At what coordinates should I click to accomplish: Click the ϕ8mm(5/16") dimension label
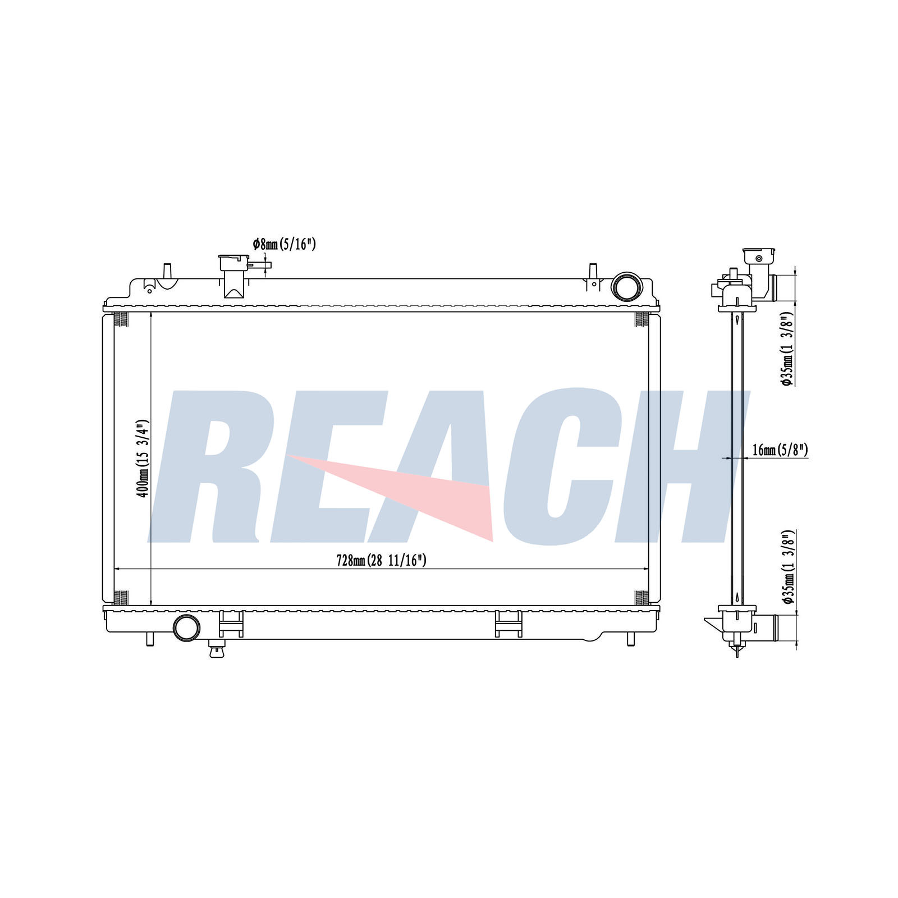[285, 244]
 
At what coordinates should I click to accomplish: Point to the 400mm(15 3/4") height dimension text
[143, 458]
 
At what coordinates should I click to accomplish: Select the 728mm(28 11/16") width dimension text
[382, 560]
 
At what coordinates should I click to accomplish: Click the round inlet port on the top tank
[625, 286]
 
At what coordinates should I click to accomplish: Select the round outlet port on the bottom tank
[187, 627]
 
